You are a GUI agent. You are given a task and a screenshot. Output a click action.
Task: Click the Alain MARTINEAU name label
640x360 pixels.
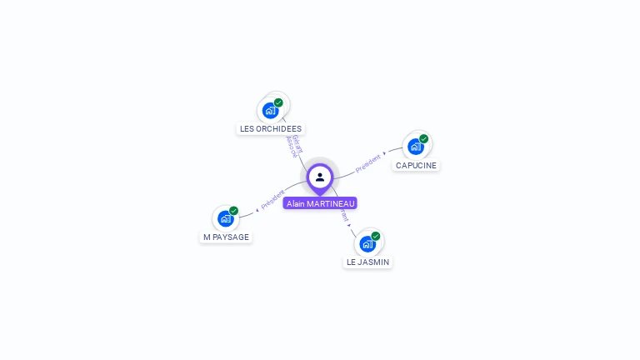pyautogui.click(x=320, y=203)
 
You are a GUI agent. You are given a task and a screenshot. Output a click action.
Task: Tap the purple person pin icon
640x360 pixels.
pyautogui.click(x=320, y=177)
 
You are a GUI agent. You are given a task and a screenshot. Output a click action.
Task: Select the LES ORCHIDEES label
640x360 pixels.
pyautogui.click(x=271, y=128)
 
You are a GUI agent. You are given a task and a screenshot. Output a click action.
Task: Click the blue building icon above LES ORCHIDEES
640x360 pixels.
pyautogui.click(x=270, y=110)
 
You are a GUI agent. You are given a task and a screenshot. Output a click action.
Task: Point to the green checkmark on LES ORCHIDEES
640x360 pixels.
pyautogui.click(x=278, y=102)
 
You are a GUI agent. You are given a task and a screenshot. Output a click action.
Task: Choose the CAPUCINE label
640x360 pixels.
pyautogui.click(x=416, y=165)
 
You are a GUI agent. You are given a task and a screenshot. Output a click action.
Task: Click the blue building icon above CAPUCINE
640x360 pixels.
pyautogui.click(x=415, y=147)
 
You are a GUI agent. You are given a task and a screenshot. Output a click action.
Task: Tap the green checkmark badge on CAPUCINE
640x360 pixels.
pyautogui.click(x=423, y=139)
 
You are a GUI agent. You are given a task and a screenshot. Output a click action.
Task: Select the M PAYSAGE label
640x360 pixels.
pyautogui.click(x=226, y=237)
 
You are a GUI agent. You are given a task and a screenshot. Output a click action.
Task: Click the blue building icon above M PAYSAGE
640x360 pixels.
pyautogui.click(x=225, y=218)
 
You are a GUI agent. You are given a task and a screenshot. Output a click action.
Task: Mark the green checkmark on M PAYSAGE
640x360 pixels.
pyautogui.click(x=233, y=211)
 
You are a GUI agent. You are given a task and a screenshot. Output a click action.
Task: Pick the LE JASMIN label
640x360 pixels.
pyautogui.click(x=367, y=262)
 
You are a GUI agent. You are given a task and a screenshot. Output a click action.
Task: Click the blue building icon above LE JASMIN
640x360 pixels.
pyautogui.click(x=367, y=243)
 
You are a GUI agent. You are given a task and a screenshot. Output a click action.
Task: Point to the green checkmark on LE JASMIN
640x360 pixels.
pyautogui.click(x=376, y=236)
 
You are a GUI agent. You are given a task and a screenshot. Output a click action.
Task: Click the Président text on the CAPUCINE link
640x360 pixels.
pyautogui.click(x=367, y=162)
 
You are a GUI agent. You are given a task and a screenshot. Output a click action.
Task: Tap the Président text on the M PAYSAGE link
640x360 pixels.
pyautogui.click(x=272, y=201)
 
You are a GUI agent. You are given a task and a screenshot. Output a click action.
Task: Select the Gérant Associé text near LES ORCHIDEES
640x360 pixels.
pyautogui.click(x=294, y=146)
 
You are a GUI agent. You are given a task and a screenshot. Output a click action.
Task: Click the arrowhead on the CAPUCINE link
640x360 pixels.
pyautogui.click(x=385, y=153)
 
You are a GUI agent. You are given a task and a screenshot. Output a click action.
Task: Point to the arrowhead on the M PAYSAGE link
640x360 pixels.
pyautogui.click(x=257, y=209)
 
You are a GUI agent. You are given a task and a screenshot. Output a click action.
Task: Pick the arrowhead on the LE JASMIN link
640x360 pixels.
pyautogui.click(x=350, y=224)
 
